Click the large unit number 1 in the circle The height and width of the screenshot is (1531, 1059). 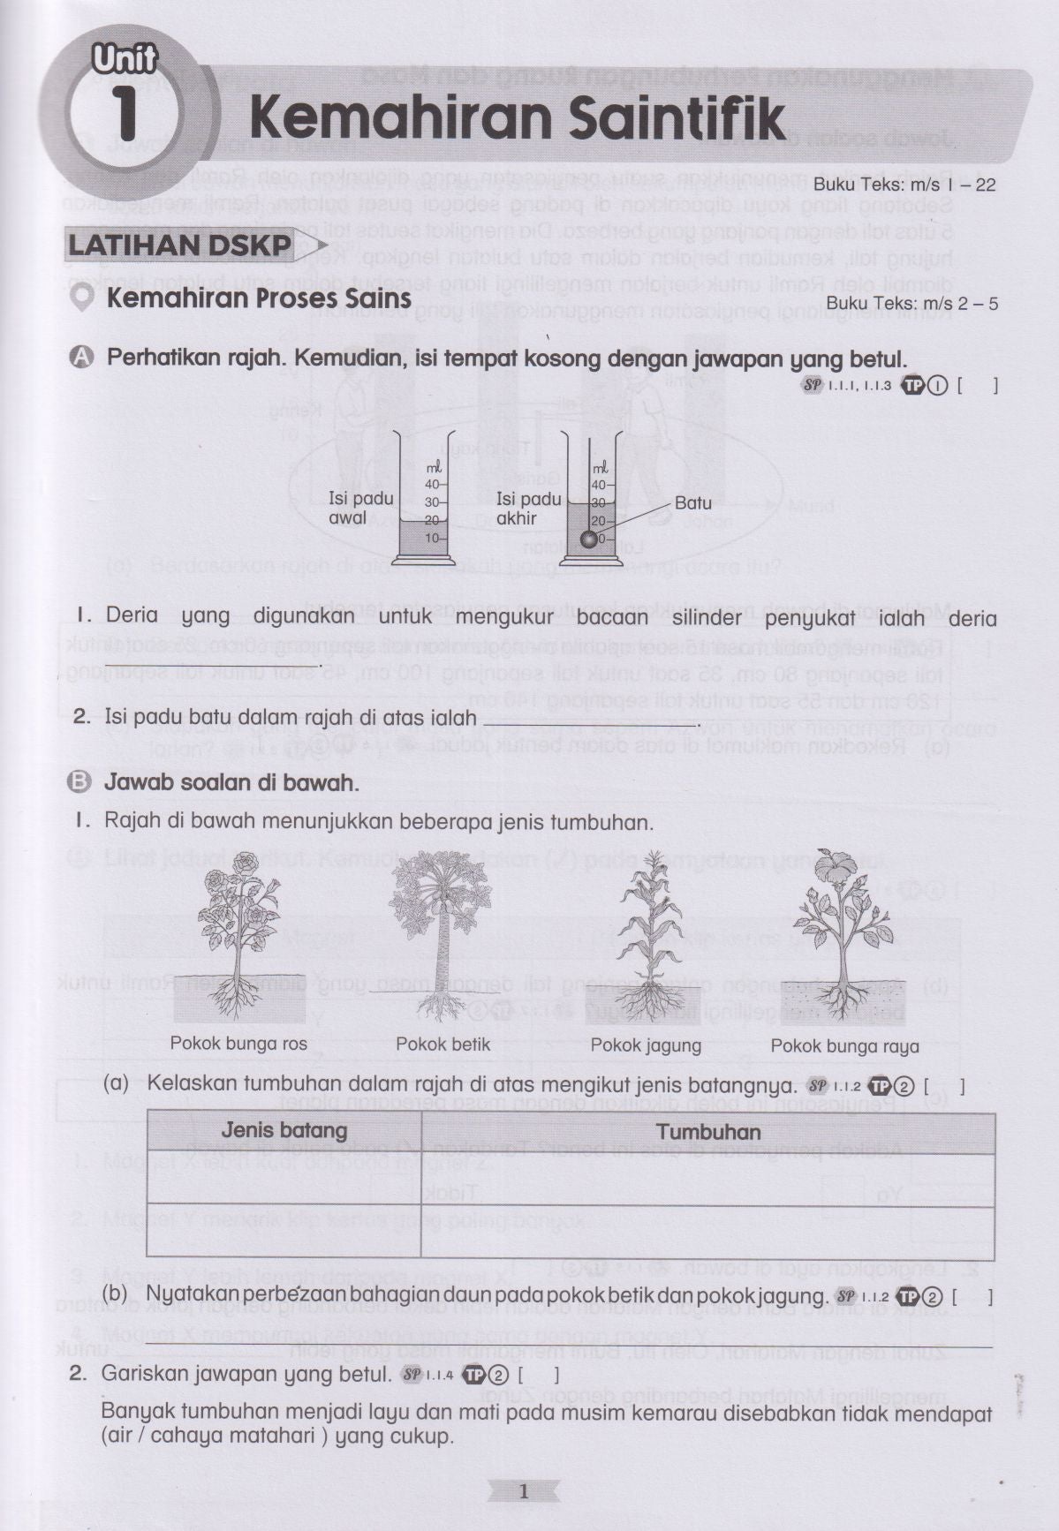click(x=125, y=115)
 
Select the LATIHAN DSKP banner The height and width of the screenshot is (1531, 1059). click(x=180, y=245)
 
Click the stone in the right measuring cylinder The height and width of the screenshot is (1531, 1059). click(x=586, y=539)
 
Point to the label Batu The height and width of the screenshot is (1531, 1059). click(x=692, y=503)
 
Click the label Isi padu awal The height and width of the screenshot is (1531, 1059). click(x=360, y=509)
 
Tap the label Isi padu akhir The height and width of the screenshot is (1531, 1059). click(x=528, y=509)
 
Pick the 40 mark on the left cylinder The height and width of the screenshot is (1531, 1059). click(x=433, y=484)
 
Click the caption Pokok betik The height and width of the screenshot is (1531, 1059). click(x=443, y=1044)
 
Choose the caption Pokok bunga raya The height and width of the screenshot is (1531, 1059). click(x=844, y=1046)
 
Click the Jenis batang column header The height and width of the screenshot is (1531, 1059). click(x=284, y=1130)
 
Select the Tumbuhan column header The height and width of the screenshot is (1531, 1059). click(x=707, y=1132)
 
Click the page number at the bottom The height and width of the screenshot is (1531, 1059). click(x=523, y=1492)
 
